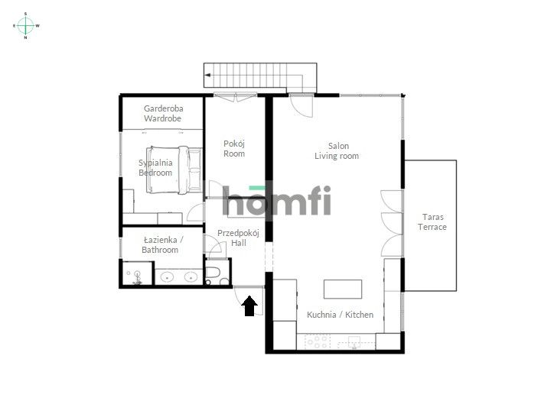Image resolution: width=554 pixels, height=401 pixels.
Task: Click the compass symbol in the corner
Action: [x=26, y=25]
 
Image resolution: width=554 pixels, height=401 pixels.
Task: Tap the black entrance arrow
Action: [x=249, y=306]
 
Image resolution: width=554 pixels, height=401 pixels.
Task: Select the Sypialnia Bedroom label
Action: [x=155, y=167]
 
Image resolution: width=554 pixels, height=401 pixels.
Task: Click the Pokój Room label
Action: [x=234, y=148]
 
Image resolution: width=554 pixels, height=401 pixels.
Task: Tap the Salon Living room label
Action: [x=337, y=150]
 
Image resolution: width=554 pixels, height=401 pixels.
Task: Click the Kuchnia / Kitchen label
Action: [x=340, y=315]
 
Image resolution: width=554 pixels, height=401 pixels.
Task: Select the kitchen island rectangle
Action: [x=342, y=289]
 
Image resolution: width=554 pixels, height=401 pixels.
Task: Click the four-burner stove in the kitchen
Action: [x=315, y=341]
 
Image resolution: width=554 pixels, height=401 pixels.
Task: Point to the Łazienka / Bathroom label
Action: [x=160, y=244]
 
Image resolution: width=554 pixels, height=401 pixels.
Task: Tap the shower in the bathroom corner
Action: [x=136, y=274]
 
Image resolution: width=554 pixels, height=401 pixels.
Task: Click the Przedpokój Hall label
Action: [x=239, y=238]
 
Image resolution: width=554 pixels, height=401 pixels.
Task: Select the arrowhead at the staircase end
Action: [x=207, y=76]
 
